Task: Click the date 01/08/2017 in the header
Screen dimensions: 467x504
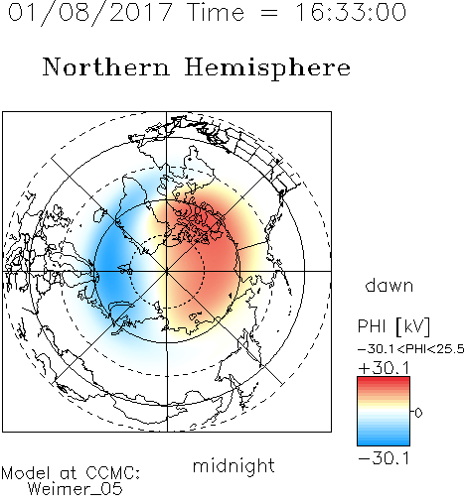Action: click(89, 13)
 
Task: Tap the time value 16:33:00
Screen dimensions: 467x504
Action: click(351, 13)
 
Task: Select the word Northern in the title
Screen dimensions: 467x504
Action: click(106, 66)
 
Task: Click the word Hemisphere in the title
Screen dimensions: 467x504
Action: click(267, 68)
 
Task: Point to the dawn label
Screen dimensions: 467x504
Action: click(389, 285)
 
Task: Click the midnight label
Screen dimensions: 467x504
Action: click(233, 465)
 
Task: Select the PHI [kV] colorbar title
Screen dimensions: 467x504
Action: click(393, 327)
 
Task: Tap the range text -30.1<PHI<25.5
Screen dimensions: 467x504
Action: click(411, 349)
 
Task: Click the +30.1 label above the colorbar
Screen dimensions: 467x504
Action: click(384, 368)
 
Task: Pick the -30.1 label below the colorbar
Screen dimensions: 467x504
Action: click(384, 458)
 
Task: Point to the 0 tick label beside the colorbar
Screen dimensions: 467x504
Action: click(418, 413)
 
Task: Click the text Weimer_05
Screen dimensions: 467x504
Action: click(76, 489)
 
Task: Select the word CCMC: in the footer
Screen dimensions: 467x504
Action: click(112, 473)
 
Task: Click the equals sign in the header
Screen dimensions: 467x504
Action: click(268, 13)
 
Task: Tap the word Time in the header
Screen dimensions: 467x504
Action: click(216, 13)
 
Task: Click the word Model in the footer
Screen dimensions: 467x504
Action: click(26, 473)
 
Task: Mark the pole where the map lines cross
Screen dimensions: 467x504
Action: click(167, 271)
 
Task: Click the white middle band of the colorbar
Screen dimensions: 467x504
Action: click(384, 412)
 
